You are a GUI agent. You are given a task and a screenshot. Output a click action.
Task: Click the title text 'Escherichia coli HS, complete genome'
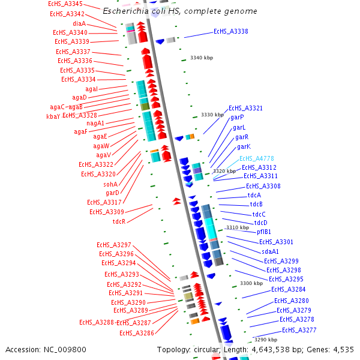pos(180,11)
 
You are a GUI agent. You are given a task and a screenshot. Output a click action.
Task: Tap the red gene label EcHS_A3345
pos(65,4)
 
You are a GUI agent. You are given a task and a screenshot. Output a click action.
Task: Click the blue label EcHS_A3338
pos(230,31)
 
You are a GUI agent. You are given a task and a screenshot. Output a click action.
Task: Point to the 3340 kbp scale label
pos(202,58)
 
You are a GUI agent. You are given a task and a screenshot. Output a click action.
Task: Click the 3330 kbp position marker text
pos(212,115)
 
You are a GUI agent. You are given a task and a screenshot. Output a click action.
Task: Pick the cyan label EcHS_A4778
pos(257,158)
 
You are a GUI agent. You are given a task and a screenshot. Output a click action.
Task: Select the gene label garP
pos(237,118)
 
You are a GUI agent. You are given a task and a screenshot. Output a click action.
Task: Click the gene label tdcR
pos(119,221)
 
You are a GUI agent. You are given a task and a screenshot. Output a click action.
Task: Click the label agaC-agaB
pos(66,107)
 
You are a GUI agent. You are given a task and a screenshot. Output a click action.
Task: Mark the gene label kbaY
pos(53,116)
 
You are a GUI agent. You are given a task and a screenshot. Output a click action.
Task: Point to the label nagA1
pos(95,123)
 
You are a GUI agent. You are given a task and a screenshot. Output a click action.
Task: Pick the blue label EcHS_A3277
pos(299,330)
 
